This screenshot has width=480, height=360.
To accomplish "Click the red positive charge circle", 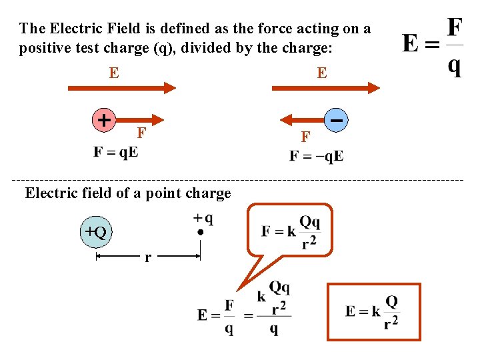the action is point(103,120).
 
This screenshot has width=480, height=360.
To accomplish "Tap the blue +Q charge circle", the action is point(96,232).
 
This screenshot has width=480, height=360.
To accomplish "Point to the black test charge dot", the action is point(200,233).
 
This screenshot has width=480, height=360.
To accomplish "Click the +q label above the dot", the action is point(203,218).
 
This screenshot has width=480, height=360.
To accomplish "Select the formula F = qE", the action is point(116,151).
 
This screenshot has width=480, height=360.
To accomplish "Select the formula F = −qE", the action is point(317,156).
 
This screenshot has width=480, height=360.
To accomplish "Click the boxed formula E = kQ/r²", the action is point(373,311).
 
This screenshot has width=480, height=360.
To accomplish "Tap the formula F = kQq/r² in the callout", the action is point(291,231).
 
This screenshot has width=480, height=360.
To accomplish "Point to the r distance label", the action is point(147,257).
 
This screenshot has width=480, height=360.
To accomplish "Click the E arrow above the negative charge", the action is point(325,87).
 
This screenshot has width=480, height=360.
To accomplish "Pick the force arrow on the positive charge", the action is point(139,120).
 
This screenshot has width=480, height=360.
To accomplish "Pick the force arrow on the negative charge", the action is point(303,120).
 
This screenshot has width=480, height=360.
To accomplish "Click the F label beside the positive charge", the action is point(141,132).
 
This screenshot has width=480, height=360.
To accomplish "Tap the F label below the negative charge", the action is point(305,137).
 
